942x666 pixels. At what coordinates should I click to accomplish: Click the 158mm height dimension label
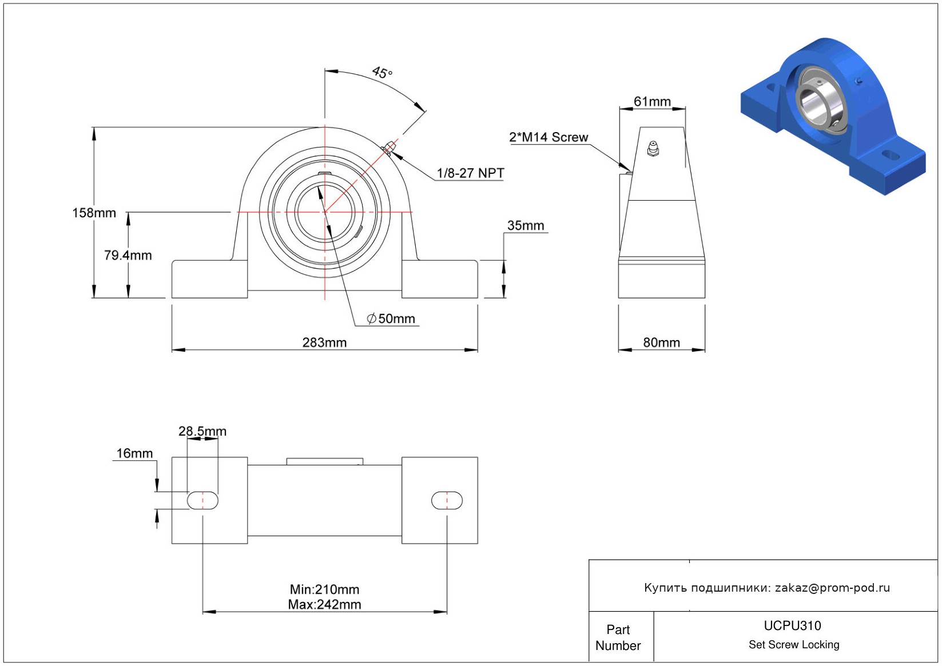[x=94, y=213]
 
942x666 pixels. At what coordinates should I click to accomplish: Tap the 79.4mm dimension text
[x=128, y=255]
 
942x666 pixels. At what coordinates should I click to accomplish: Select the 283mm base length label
[x=324, y=342]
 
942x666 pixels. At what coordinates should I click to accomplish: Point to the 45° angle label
[x=382, y=73]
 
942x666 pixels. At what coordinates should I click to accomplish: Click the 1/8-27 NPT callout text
[x=470, y=173]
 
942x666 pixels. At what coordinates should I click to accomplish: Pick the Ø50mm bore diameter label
[x=391, y=318]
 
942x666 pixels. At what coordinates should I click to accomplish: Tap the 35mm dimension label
[x=525, y=225]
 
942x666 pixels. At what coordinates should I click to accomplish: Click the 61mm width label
[x=652, y=101]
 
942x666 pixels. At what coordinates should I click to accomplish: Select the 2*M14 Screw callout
[x=548, y=137]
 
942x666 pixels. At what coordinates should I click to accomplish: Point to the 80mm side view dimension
[x=661, y=342]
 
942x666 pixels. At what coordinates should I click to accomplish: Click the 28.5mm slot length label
[x=202, y=431]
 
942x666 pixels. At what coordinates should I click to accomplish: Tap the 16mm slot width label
[x=134, y=453]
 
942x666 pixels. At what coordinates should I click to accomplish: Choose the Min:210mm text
[x=324, y=589]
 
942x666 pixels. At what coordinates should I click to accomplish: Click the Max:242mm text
[x=324, y=604]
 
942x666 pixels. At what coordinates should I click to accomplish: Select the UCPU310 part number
[x=792, y=625]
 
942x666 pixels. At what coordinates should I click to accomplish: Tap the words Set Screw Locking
[x=794, y=644]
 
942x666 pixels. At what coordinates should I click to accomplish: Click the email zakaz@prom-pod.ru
[x=832, y=588]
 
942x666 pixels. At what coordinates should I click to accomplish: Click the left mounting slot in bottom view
[x=202, y=500]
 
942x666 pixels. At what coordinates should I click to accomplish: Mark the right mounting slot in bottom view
[x=447, y=500]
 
